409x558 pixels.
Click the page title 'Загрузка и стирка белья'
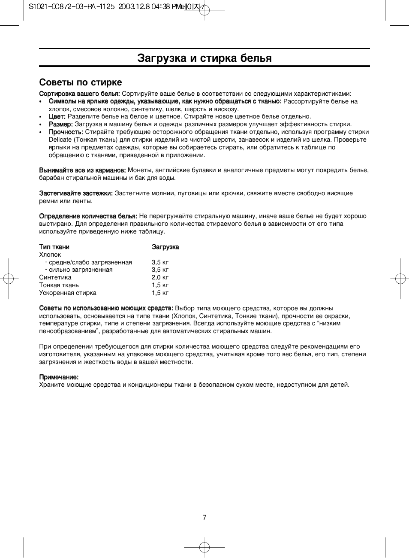(204, 58)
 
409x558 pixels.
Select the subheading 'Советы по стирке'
(81, 82)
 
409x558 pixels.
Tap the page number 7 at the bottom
(204, 517)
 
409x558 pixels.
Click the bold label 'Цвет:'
(57, 116)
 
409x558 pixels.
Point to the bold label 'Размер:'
(60, 124)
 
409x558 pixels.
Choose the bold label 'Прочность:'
(66, 132)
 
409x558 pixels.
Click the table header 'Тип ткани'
(54, 247)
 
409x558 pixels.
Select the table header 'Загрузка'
(165, 247)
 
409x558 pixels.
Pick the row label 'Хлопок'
(50, 255)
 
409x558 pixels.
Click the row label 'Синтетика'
(55, 277)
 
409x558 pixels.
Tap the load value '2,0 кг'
(160, 277)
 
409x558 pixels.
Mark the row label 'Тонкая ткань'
(59, 285)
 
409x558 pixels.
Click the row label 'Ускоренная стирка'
(68, 293)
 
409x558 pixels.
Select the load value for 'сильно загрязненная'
(160, 270)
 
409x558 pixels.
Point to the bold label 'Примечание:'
(59, 377)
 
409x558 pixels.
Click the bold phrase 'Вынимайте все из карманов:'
(82, 170)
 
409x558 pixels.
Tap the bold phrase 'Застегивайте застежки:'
(76, 193)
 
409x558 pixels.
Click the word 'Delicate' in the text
(60, 139)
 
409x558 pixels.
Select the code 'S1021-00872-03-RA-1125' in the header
(71, 7)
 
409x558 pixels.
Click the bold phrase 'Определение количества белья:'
(88, 216)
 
